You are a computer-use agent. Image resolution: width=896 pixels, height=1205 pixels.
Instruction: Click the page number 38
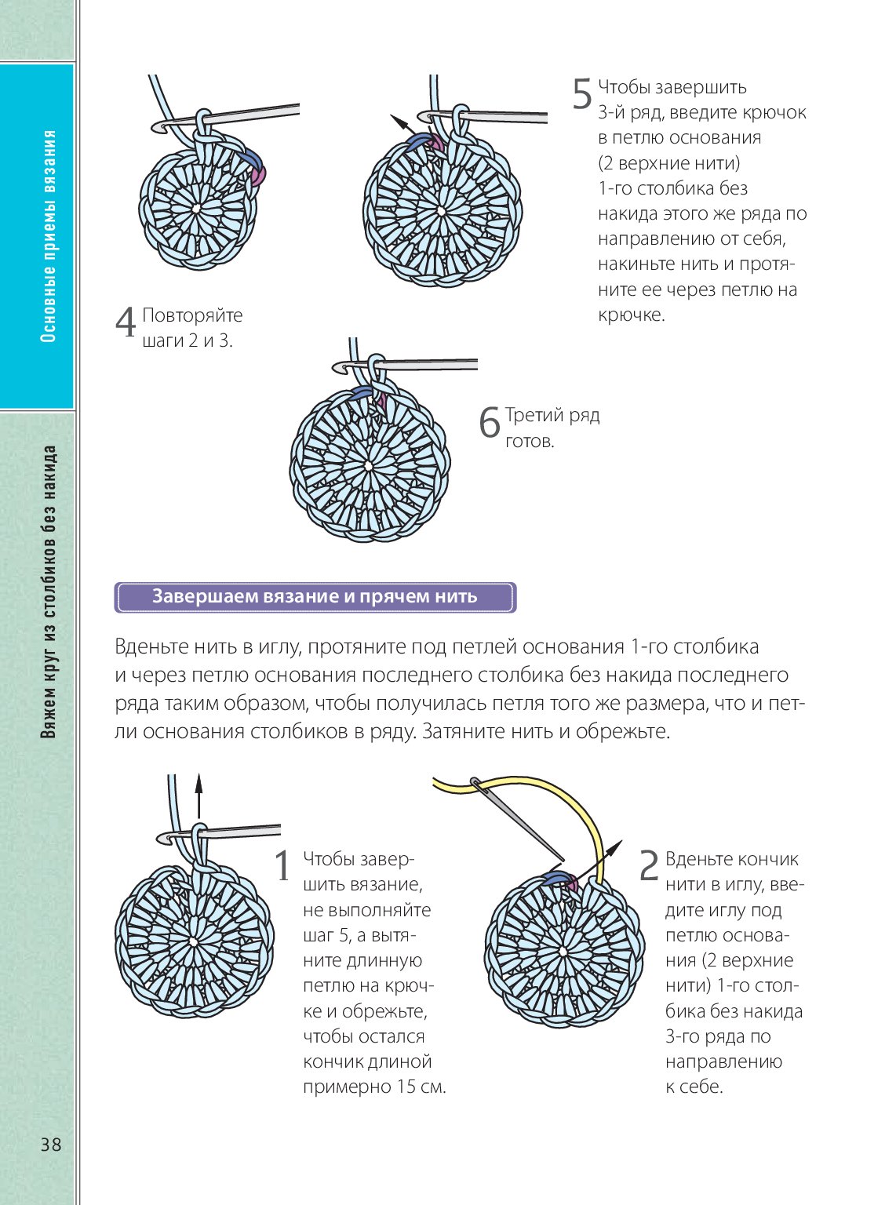tap(51, 1144)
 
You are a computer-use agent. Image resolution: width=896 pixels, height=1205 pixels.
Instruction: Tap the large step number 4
tap(126, 322)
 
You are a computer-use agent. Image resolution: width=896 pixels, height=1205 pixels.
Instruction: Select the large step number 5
tap(581, 94)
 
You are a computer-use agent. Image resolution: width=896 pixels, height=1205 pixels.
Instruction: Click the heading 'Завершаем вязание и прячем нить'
tap(315, 597)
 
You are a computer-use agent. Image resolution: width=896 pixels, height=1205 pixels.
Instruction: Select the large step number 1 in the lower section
tap(282, 866)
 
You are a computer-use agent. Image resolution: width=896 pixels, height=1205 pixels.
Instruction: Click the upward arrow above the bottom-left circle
tap(199, 796)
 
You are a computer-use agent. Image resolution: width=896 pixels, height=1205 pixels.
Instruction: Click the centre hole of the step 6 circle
tap(369, 465)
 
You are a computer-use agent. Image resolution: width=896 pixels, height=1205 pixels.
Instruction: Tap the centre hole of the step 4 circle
tap(196, 209)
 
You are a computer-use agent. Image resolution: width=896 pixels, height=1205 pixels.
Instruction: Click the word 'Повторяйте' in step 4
tap(192, 315)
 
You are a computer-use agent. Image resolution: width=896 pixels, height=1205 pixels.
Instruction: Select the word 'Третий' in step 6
tap(534, 415)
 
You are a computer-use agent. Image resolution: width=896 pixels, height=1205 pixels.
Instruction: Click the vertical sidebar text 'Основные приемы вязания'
tap(49, 235)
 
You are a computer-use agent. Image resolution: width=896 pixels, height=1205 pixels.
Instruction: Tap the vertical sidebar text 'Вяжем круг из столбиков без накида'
tap(49, 592)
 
